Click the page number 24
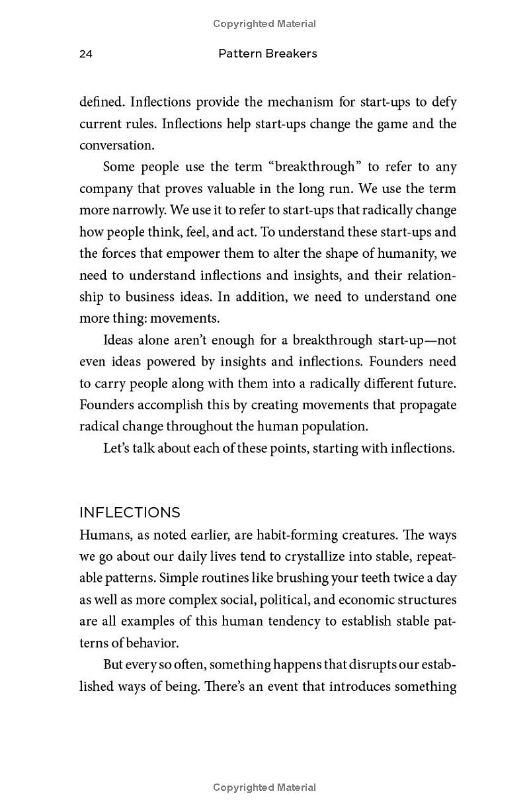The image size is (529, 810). point(86,54)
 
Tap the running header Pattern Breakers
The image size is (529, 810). point(267,54)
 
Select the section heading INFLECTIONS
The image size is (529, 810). point(130,512)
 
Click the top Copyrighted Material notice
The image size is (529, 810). point(264,24)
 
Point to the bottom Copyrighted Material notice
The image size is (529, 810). point(264,788)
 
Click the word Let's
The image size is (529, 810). point(117,448)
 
